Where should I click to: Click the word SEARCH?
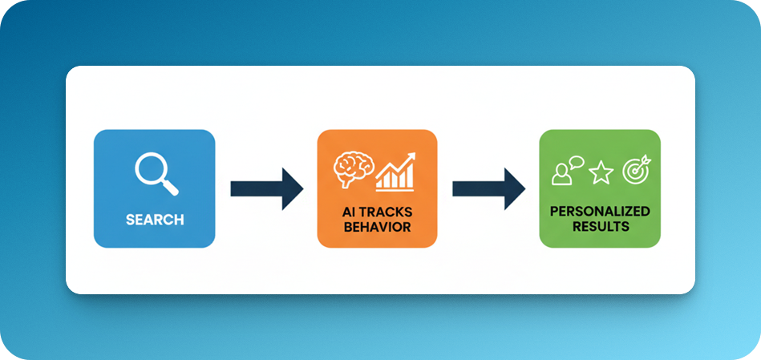tap(155, 220)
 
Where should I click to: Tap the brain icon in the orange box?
tap(354, 170)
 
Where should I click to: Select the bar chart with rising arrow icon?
tap(395, 172)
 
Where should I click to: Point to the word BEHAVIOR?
tap(377, 227)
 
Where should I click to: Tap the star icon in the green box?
tap(601, 173)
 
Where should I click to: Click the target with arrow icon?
tap(637, 170)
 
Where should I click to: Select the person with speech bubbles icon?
tap(567, 171)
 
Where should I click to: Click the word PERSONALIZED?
tap(600, 212)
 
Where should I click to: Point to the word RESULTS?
tap(601, 226)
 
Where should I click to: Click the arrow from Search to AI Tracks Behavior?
tap(267, 188)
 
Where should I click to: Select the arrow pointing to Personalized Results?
tap(488, 188)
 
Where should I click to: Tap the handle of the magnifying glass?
tap(171, 188)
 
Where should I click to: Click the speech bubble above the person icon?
tap(576, 162)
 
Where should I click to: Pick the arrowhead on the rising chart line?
tap(412, 156)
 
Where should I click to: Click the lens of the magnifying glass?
tap(151, 168)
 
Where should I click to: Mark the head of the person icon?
tap(561, 169)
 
